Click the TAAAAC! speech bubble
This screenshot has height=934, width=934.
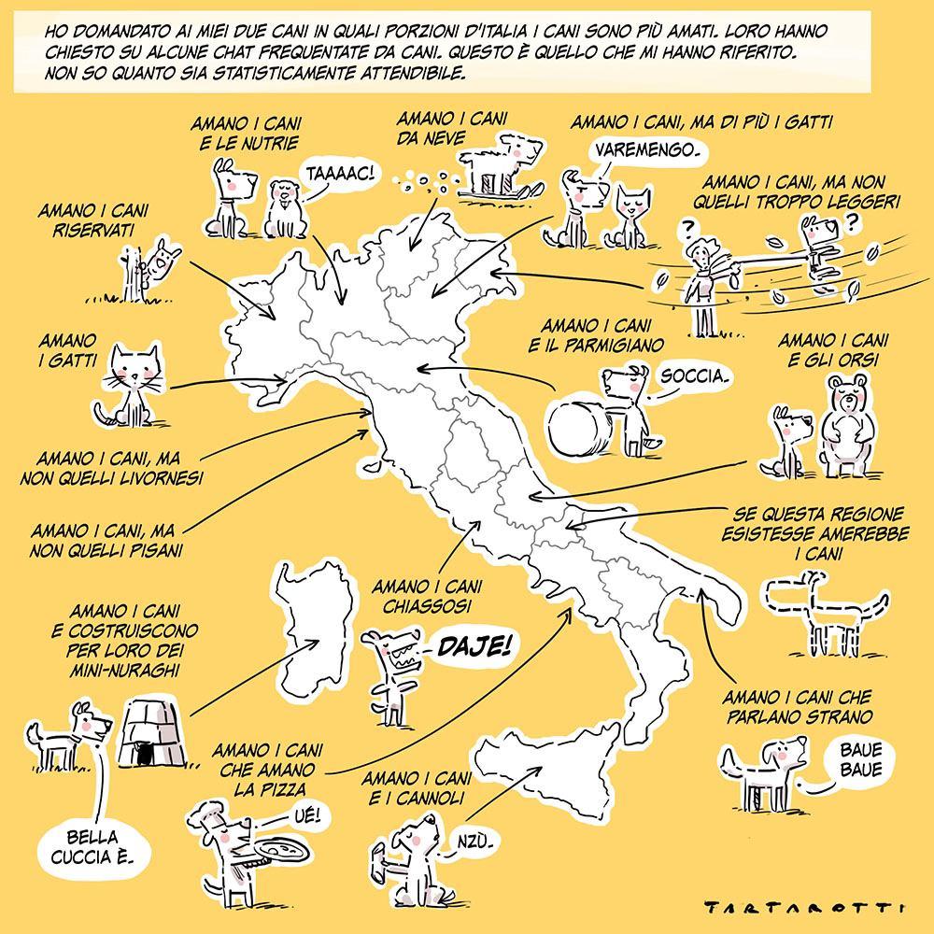pyautogui.click(x=340, y=174)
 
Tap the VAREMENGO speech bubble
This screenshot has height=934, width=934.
pyautogui.click(x=646, y=150)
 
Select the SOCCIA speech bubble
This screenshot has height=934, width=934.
pyautogui.click(x=695, y=377)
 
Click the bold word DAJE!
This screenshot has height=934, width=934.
pyautogui.click(x=474, y=645)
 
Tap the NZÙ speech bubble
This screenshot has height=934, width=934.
pyautogui.click(x=474, y=842)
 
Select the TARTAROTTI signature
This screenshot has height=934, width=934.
pyautogui.click(x=803, y=907)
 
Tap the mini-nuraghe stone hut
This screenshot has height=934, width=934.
pyautogui.click(x=152, y=733)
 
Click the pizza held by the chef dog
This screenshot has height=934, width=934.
pyautogui.click(x=280, y=849)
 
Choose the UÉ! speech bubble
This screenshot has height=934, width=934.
pyautogui.click(x=308, y=815)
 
